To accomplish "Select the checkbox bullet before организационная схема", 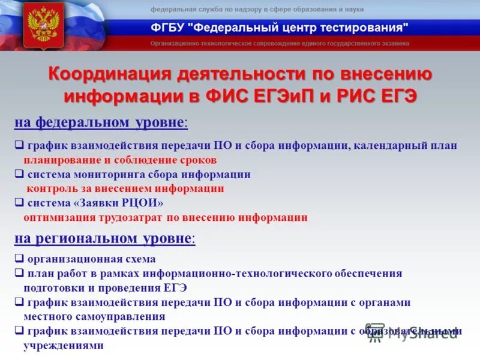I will (x=19, y=259).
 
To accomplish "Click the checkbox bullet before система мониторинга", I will (x=19, y=175).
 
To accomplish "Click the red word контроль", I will (x=52, y=189).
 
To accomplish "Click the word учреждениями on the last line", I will (x=63, y=346).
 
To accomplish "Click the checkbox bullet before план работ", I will (x=19, y=274).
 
